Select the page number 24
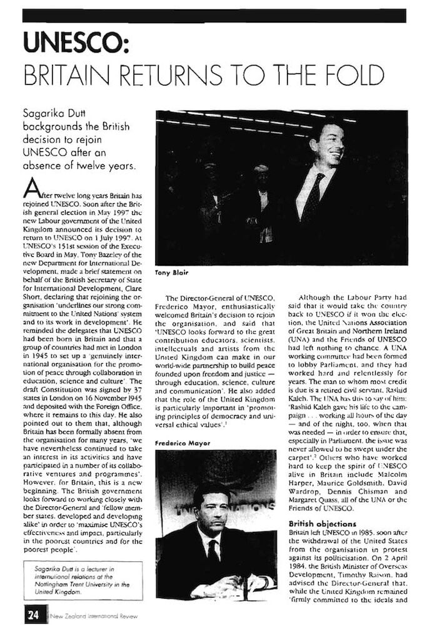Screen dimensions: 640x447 [x=31, y=615]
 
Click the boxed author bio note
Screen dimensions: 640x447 [x=83, y=580]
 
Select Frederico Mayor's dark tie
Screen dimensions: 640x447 [x=213, y=553]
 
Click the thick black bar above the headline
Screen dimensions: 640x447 [x=214, y=16]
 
